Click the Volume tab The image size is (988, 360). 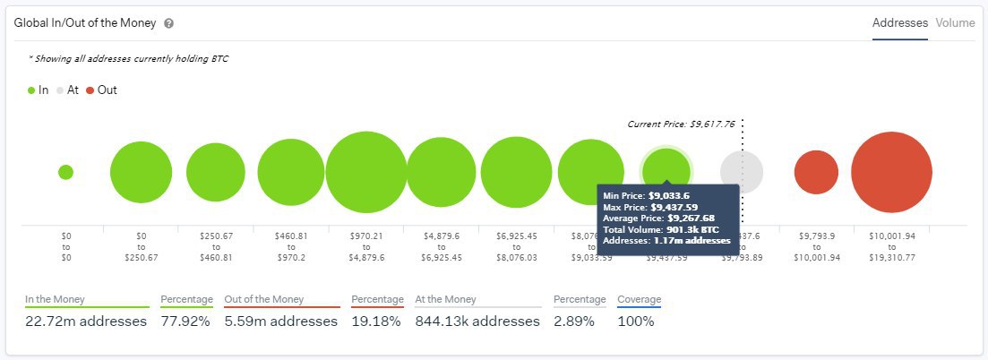(955, 23)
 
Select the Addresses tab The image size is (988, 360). (899, 23)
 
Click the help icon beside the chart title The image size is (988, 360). (169, 24)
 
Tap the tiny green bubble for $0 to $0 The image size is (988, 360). (65, 172)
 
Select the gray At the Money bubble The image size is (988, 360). (742, 172)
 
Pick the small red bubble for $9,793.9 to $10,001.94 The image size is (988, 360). (816, 172)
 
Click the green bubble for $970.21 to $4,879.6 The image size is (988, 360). (366, 172)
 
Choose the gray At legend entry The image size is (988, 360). (67, 90)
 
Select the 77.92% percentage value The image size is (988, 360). (186, 321)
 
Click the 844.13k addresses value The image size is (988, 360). (477, 321)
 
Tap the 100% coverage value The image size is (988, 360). (635, 321)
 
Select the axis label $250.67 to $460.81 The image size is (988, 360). (216, 245)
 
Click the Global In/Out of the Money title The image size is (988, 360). (85, 24)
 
